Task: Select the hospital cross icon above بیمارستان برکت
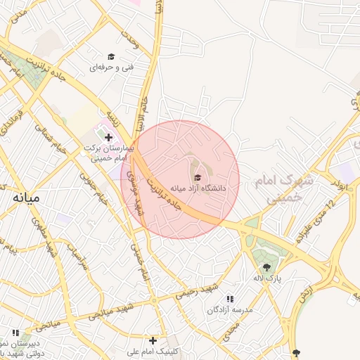coord(108,137)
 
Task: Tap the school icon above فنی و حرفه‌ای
coord(111,56)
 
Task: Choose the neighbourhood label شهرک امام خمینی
coord(283,190)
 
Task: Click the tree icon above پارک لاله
coord(266,266)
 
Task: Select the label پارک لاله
coord(268,278)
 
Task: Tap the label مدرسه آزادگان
coord(229,309)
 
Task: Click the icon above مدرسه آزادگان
coord(230,299)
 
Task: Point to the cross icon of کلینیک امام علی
coord(153,340)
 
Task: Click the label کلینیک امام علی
coord(156,351)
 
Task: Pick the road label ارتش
coord(303,300)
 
